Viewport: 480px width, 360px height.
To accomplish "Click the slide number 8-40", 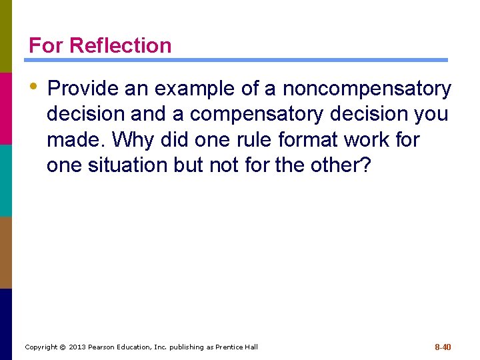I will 443,347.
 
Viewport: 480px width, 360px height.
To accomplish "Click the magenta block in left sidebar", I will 6,108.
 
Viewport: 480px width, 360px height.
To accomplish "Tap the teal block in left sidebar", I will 6,180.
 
